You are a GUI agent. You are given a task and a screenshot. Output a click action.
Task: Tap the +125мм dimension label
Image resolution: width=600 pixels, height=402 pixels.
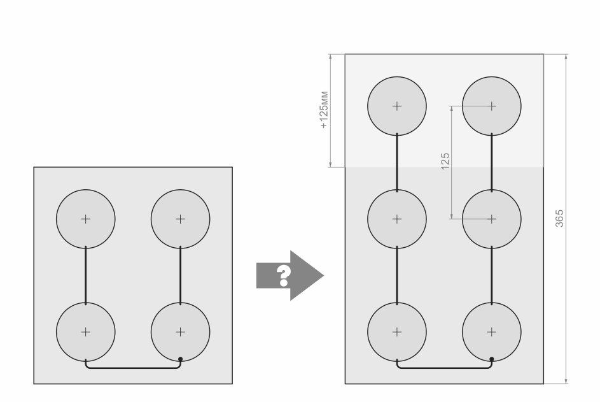(324, 110)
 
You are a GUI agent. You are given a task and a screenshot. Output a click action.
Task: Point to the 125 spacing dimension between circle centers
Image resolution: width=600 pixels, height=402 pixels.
(445, 160)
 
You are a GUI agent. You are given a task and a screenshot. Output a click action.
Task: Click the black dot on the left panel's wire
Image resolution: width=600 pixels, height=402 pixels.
(181, 359)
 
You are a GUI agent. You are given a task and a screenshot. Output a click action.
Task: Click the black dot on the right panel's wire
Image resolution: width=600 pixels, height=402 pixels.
(492, 359)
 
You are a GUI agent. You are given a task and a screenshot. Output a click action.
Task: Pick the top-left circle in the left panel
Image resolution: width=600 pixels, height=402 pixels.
(86, 219)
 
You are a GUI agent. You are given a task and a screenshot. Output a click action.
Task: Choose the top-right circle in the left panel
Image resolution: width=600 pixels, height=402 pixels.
(180, 219)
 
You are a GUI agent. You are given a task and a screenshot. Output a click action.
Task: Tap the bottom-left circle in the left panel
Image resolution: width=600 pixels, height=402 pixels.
(86, 332)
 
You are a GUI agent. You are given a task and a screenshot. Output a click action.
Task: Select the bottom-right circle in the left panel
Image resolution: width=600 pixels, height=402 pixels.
(180, 332)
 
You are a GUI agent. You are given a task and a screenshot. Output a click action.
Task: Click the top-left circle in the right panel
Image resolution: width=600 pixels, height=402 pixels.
(397, 106)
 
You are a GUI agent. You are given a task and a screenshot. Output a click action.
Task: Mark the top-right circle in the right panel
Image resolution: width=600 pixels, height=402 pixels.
(491, 106)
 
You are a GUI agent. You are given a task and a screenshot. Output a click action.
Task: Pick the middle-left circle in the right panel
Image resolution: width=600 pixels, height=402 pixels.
(397, 219)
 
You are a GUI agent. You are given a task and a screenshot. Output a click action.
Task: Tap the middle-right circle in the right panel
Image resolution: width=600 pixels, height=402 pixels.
(491, 219)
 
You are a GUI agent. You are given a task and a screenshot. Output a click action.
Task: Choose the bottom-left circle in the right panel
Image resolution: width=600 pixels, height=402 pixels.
(397, 332)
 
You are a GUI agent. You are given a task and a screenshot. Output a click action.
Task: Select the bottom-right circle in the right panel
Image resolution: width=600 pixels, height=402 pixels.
(491, 332)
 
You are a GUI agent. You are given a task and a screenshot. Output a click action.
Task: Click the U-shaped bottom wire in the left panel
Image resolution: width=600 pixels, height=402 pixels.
(133, 368)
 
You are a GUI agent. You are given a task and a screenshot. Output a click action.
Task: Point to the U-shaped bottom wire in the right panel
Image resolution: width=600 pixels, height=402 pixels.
(444, 368)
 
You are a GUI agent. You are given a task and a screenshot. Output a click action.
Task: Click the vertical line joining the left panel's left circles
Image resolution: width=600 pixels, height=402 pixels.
(86, 275)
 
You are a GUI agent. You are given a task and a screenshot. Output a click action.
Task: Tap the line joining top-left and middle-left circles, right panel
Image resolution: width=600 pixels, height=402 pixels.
(397, 162)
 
